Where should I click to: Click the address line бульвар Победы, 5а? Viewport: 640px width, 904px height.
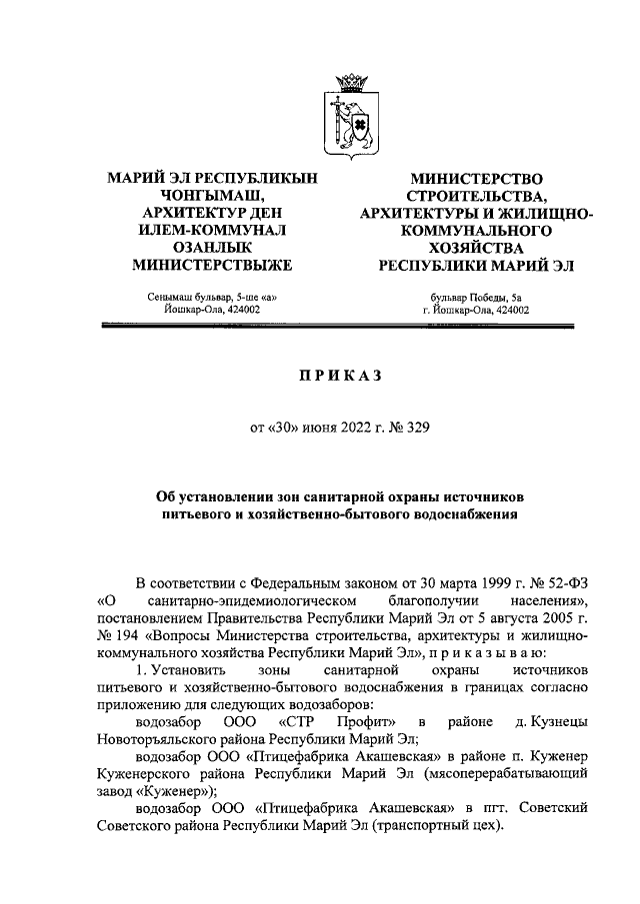click(x=476, y=296)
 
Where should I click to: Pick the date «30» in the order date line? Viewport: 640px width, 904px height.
click(x=287, y=432)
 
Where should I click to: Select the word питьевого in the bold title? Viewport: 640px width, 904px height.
click(x=202, y=514)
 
